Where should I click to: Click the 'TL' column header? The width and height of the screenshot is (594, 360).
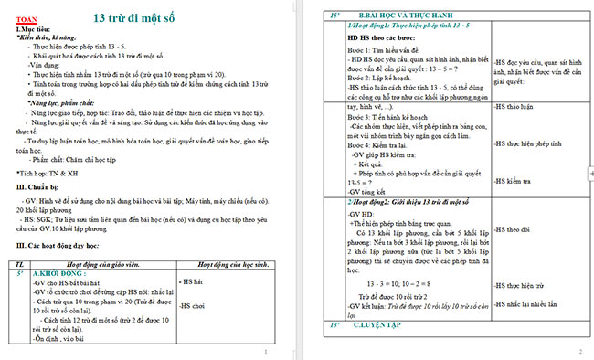pyautogui.click(x=22, y=262)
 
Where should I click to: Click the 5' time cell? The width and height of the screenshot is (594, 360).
pyautogui.click(x=20, y=271)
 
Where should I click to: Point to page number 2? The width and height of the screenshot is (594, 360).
pyautogui.click(x=579, y=351)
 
